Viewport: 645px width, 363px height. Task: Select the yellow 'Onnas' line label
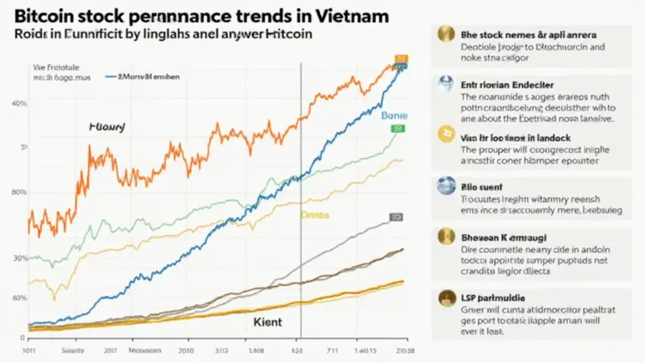point(315,214)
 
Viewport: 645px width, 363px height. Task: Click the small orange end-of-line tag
point(400,60)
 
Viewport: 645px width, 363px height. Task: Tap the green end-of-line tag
point(398,129)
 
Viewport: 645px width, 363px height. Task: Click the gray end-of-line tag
point(396,217)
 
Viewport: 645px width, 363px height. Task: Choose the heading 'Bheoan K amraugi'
point(510,239)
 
